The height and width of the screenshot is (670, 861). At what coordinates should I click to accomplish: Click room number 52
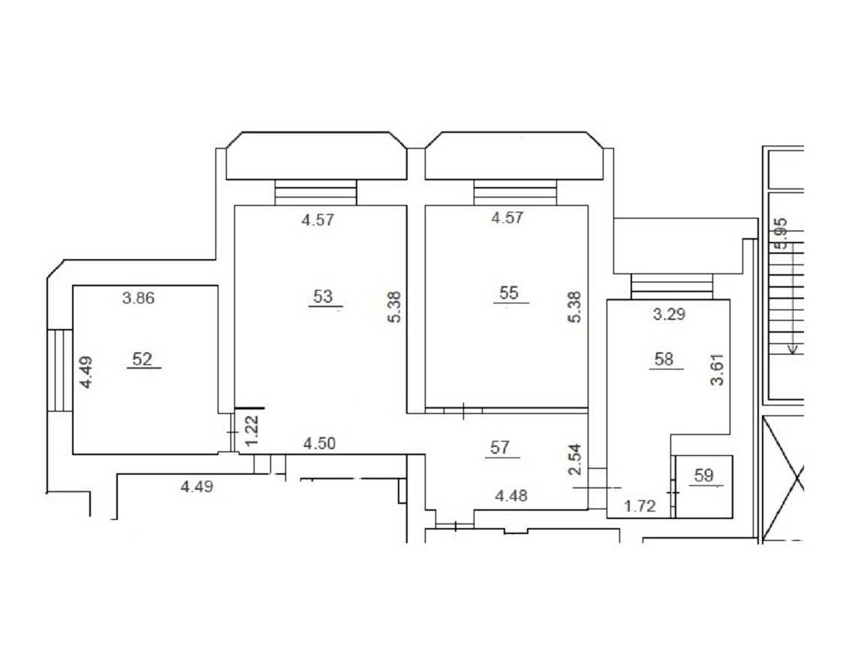click(142, 360)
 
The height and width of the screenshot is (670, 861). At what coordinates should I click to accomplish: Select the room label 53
click(323, 297)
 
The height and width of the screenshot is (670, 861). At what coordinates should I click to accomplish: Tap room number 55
click(509, 293)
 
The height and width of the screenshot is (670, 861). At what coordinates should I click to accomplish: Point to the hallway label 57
click(500, 448)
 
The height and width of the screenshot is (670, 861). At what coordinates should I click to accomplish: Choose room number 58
click(664, 360)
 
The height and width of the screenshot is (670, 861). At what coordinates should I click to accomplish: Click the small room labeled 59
click(704, 475)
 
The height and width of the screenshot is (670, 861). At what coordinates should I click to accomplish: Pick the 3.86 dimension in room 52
click(138, 298)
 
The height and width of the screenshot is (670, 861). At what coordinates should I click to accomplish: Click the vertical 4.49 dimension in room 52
click(86, 373)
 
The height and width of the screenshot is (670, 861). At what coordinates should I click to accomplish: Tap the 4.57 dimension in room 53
click(318, 220)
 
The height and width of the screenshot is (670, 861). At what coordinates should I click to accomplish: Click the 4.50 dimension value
click(320, 444)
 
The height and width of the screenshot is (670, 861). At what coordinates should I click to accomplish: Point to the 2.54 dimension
click(573, 460)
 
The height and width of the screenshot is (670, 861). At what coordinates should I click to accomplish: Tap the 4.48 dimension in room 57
click(511, 496)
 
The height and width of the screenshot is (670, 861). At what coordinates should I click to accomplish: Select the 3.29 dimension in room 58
click(670, 315)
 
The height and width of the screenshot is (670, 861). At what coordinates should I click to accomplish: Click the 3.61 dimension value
click(717, 370)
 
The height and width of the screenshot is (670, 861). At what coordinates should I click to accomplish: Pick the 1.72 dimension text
click(640, 506)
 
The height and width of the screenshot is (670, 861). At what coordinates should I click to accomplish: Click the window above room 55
click(515, 192)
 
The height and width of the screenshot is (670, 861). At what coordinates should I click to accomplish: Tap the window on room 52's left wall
click(60, 370)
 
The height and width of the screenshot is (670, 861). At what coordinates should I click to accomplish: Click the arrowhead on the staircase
click(793, 349)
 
